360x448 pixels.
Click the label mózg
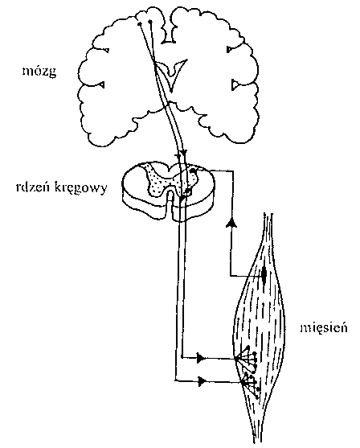tap(39, 72)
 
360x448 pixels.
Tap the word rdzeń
tap(33, 187)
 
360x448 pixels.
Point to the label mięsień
tap(324, 327)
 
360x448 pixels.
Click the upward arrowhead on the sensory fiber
tap(231, 222)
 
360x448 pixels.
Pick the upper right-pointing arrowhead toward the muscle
tap(201, 358)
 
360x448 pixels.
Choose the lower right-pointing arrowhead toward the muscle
tap(202, 381)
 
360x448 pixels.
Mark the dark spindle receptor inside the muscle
tap(264, 274)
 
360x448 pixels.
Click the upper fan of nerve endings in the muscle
tap(247, 358)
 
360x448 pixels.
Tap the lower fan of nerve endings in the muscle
tap(251, 384)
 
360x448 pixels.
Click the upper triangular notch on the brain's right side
tap(230, 50)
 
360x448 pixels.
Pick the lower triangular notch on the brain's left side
tap(101, 85)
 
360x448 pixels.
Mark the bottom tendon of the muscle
tap(258, 429)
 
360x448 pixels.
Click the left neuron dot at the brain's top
tap(140, 24)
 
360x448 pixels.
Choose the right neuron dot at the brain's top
tap(150, 21)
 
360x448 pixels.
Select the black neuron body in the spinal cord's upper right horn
tap(194, 171)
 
